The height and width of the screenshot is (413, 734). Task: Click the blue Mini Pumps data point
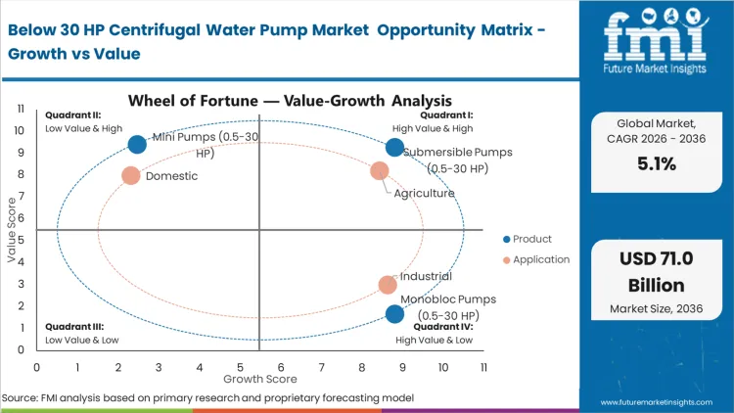[x=137, y=145]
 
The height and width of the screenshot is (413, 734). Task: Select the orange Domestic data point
[x=131, y=176]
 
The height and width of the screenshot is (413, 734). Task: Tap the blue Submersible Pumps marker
[x=394, y=148]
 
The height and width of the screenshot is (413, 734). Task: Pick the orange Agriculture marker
[x=380, y=171]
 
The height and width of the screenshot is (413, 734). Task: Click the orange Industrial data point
[x=388, y=285]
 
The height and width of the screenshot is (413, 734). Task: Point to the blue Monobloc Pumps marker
[x=394, y=314]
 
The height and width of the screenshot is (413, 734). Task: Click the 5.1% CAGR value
[x=656, y=164]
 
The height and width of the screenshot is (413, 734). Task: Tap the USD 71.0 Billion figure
[x=656, y=271]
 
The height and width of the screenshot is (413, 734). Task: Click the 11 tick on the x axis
[x=483, y=366]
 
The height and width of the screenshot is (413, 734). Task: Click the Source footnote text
[x=207, y=398]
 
